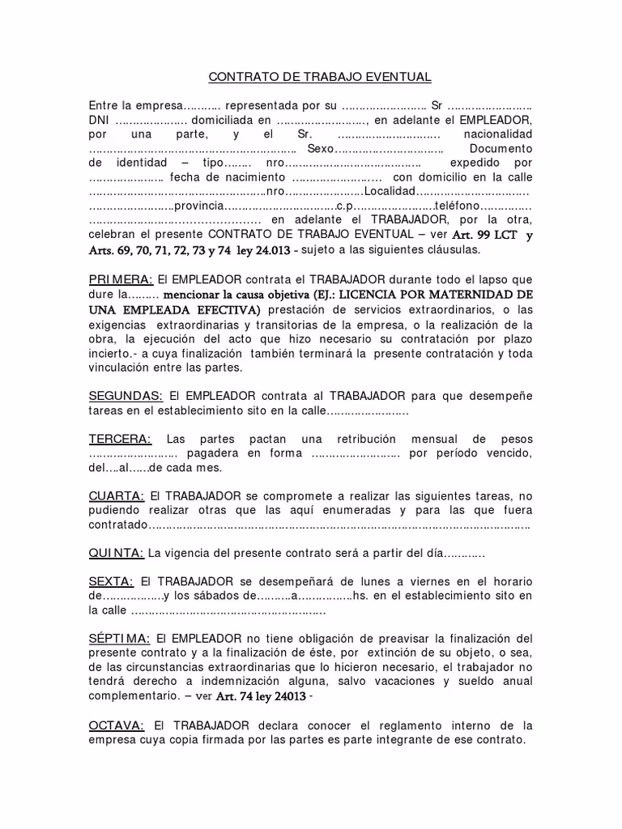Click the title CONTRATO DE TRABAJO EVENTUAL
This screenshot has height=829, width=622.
pos(320,77)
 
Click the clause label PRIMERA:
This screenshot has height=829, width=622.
pos(121,279)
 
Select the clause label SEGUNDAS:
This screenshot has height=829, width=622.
pos(126,396)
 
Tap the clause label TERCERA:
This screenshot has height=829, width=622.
pos(120,439)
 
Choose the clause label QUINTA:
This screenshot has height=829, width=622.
pos(117,553)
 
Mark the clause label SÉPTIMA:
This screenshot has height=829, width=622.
pos(117,638)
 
